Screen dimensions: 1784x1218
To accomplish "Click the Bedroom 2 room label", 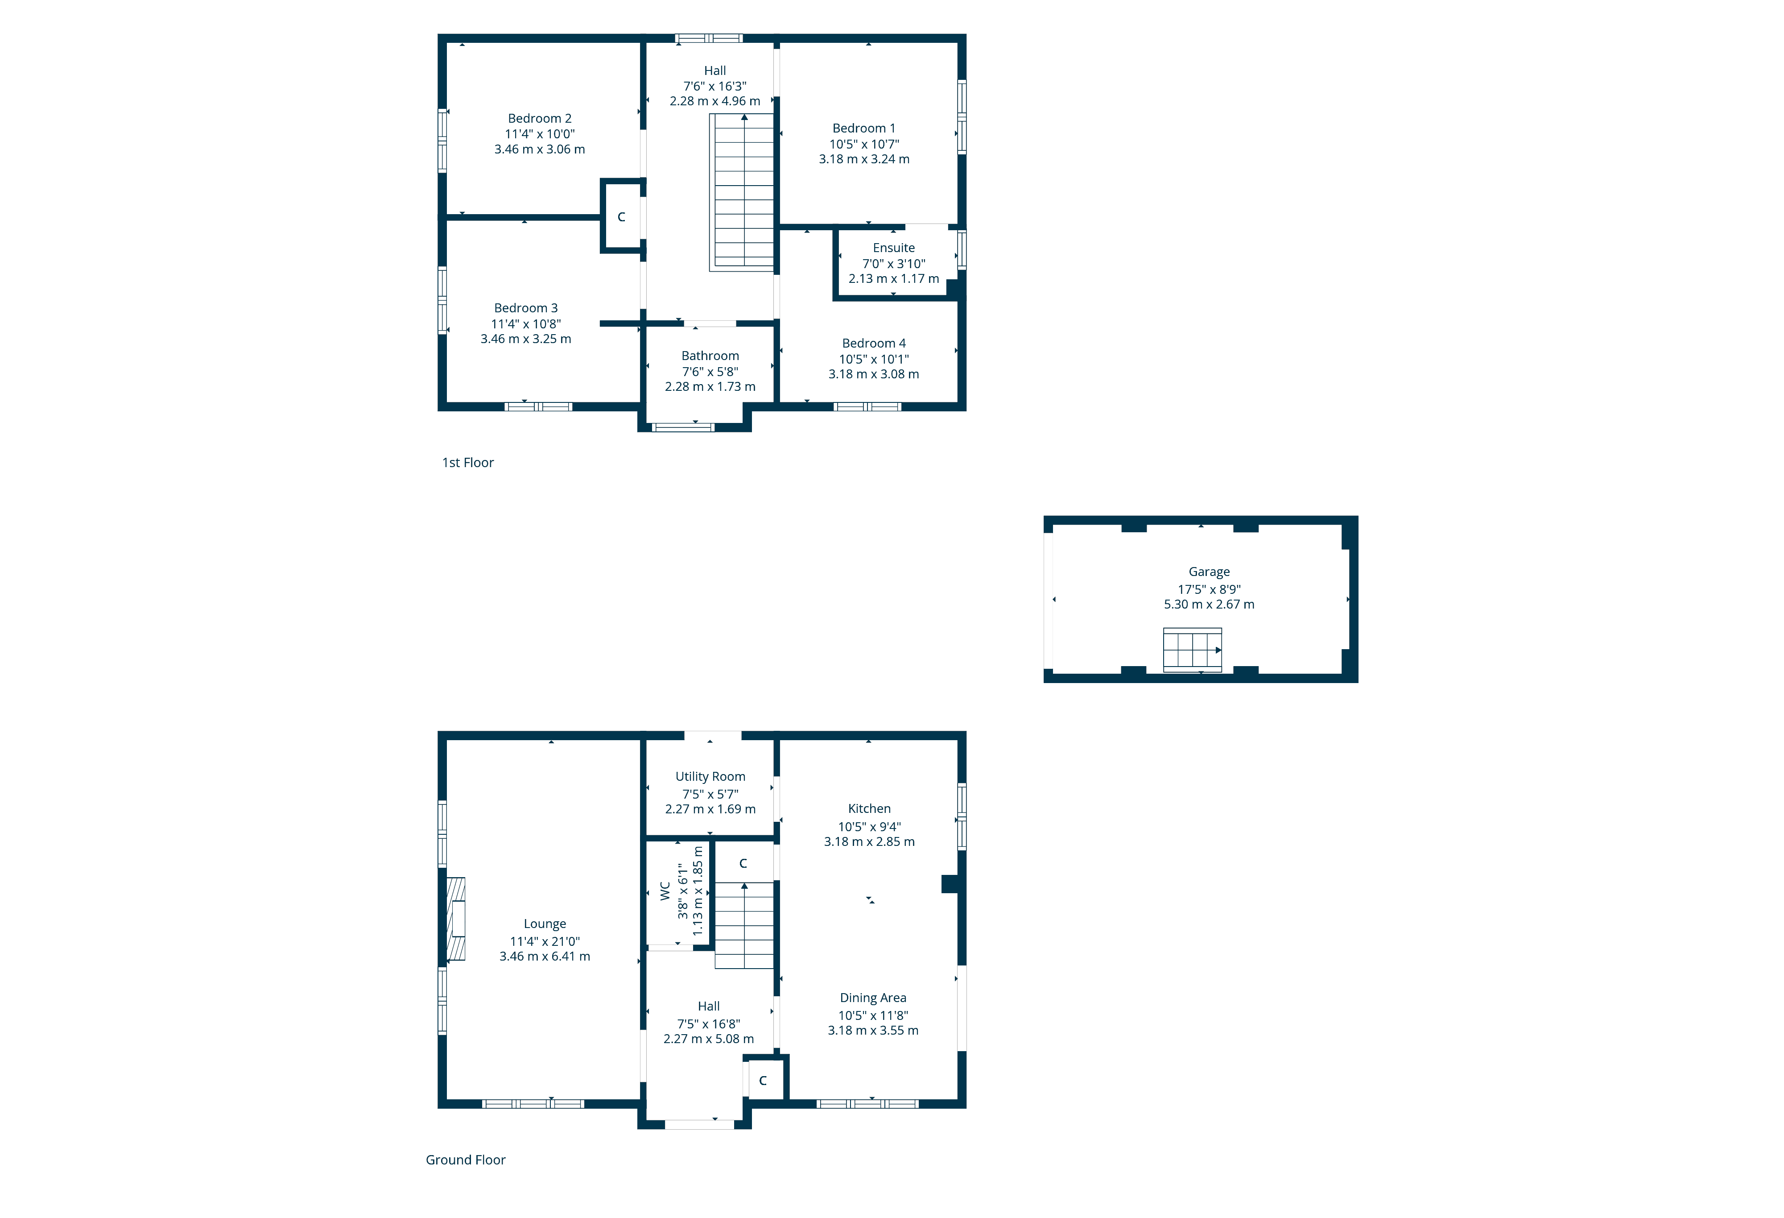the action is click(x=540, y=118).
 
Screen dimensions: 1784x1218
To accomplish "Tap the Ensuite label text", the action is click(x=893, y=248).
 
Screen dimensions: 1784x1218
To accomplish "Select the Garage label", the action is click(x=1209, y=572).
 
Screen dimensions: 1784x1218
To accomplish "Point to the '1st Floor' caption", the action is click(x=467, y=462).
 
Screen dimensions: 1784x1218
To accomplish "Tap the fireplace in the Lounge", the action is click(x=456, y=919).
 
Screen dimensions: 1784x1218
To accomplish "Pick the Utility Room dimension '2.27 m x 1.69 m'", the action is click(x=710, y=809).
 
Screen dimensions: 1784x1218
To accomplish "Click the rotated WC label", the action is click(x=665, y=891).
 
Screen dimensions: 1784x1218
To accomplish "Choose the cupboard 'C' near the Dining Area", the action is click(x=763, y=1081).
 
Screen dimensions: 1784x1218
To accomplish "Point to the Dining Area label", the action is click(x=873, y=998).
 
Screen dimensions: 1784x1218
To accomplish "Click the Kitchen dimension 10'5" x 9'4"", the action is click(x=869, y=826).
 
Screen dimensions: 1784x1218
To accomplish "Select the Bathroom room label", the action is click(x=710, y=356).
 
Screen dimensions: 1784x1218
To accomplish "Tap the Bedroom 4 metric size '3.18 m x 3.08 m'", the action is click(x=874, y=374).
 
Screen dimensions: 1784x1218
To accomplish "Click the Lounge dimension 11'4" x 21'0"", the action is click(x=545, y=941).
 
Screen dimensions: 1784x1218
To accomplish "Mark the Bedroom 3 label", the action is click(x=526, y=308).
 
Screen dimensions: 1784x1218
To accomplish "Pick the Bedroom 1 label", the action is click(x=863, y=128).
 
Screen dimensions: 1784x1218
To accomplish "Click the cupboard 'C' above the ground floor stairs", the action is click(x=743, y=863).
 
